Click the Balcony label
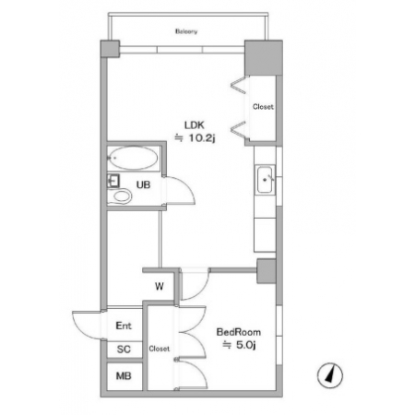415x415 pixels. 186,31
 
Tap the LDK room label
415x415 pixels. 195,125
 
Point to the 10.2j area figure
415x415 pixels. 202,138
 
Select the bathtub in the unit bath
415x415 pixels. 134,158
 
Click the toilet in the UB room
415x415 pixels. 120,196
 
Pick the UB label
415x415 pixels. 143,184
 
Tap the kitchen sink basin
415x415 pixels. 265,180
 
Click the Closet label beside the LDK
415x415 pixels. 263,107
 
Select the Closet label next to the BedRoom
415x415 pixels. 160,349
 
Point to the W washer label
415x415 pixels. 160,287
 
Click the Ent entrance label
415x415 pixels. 124,326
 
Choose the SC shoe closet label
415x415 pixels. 124,350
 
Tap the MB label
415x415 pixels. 124,375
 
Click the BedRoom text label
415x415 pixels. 239,332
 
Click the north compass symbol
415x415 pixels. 330,375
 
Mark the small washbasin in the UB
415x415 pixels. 113,181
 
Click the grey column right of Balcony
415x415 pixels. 264,57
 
